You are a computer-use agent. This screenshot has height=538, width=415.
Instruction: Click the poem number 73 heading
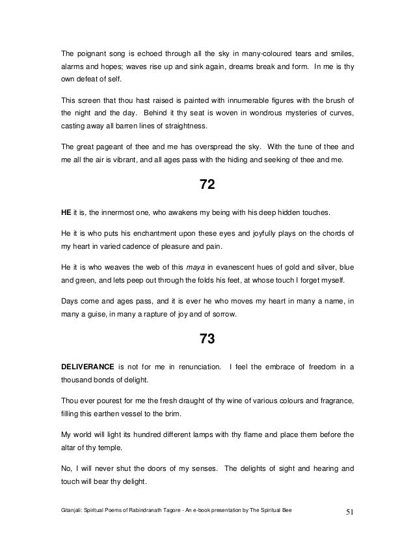(207, 339)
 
